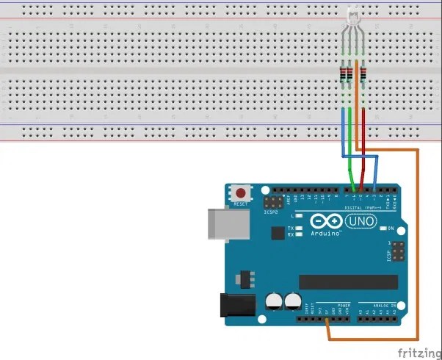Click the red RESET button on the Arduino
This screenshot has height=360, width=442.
click(240, 192)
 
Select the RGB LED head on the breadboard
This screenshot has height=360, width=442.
click(352, 15)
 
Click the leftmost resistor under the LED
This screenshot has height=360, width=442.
click(343, 73)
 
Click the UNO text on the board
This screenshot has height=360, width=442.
click(361, 220)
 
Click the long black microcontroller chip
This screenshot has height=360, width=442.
click(347, 282)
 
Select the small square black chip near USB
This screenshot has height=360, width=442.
click(277, 233)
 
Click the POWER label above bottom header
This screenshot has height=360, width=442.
click(344, 304)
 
